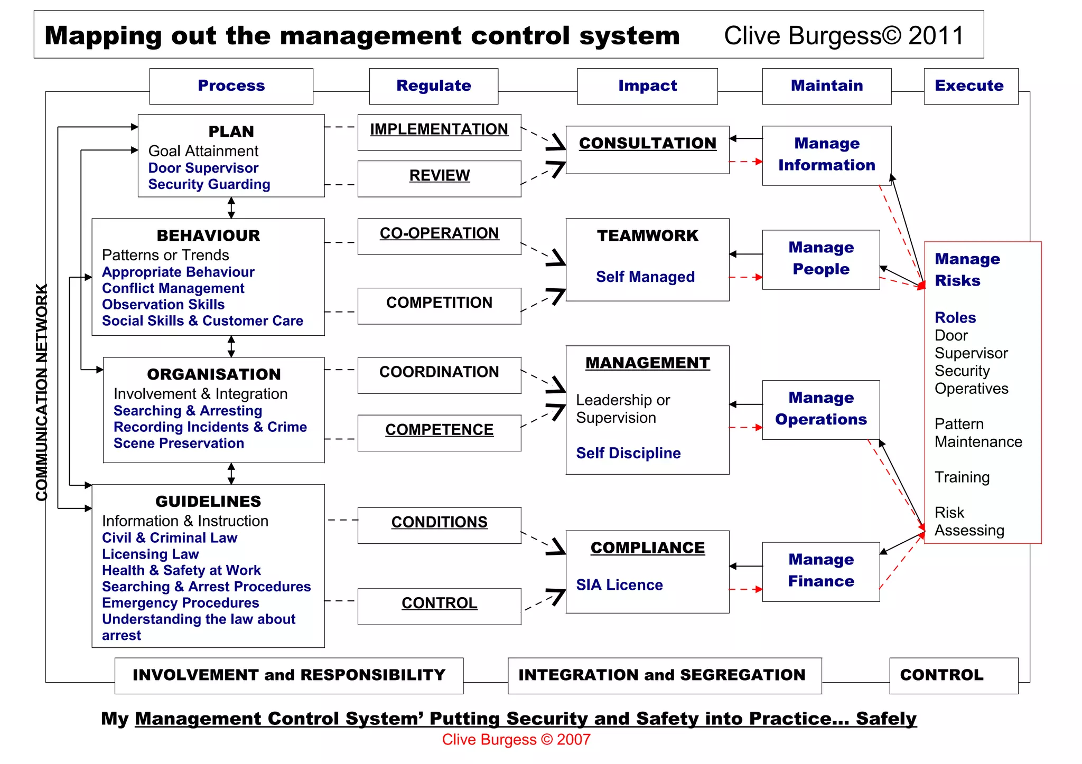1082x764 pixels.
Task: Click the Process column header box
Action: coord(231,86)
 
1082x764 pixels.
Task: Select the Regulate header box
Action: coord(433,86)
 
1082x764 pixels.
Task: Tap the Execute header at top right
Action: coord(971,86)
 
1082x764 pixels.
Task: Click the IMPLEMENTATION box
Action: coord(439,132)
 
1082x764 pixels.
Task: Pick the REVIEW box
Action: coord(439,178)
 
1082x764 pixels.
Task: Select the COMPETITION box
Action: coord(439,306)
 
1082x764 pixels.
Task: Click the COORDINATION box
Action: coord(439,375)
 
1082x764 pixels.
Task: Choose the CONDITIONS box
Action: coord(439,525)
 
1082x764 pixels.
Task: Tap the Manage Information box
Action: coord(826,155)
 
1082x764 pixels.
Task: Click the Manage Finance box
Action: coord(820,571)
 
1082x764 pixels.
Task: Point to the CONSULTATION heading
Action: coord(647,144)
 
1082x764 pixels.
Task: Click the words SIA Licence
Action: coord(619,585)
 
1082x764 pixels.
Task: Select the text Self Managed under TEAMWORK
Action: coord(645,277)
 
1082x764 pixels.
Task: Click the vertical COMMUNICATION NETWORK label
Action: coord(42,392)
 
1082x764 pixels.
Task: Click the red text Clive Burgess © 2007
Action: coord(516,740)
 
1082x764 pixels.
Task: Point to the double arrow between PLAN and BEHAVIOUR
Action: coord(231,207)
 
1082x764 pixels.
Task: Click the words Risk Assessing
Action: coord(968,521)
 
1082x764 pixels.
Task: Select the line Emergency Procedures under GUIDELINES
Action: coord(180,603)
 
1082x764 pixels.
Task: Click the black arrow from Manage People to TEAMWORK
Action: coord(745,254)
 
